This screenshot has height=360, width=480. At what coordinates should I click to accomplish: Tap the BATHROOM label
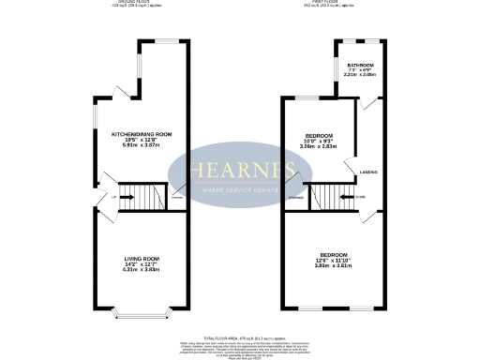click(360, 65)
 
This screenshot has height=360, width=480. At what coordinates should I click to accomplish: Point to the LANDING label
click(367, 172)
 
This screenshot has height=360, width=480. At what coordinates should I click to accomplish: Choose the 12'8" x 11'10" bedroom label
click(335, 255)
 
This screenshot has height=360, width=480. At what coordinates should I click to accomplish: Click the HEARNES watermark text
click(240, 169)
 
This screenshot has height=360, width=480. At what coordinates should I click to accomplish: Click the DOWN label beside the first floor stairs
click(360, 197)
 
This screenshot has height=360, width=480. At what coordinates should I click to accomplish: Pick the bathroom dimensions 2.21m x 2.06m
click(360, 75)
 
